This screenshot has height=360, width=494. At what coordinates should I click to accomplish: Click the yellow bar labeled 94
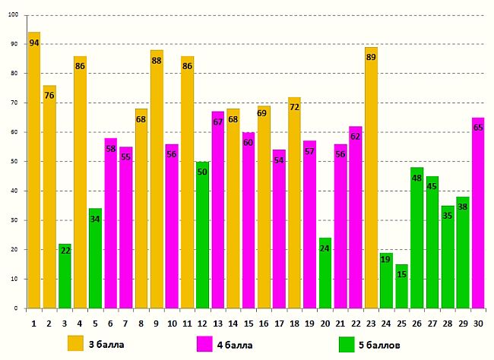pyautogui.click(x=34, y=171)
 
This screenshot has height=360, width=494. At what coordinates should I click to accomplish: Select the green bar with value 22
pyautogui.click(x=65, y=276)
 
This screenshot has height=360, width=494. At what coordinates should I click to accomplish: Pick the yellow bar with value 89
pyautogui.click(x=371, y=178)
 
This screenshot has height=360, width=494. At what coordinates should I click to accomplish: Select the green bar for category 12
pyautogui.click(x=202, y=235)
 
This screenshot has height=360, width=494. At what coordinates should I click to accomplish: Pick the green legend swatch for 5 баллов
pyautogui.click(x=347, y=343)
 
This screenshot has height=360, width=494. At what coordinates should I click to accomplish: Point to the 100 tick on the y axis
pyautogui.click(x=14, y=14)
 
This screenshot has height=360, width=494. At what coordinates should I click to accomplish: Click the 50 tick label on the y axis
pyautogui.click(x=14, y=162)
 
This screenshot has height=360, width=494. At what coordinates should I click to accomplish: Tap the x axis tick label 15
pyautogui.click(x=249, y=323)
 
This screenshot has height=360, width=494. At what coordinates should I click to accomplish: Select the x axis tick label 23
pyautogui.click(x=371, y=323)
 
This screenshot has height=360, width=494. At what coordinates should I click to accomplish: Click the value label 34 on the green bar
pyautogui.click(x=95, y=219)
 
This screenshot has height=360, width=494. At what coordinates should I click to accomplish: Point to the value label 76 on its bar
pyautogui.click(x=49, y=96)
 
